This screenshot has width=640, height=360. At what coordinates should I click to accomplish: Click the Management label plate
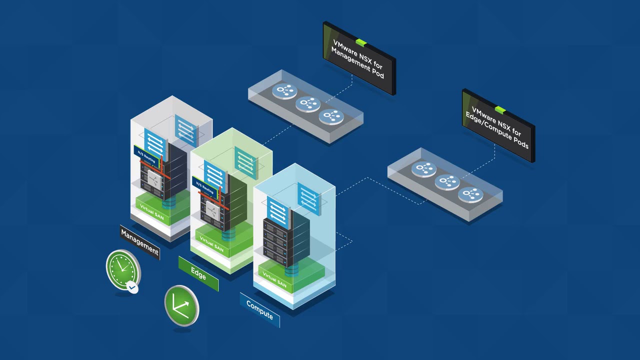140,241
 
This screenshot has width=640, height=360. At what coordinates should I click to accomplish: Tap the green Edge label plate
198,273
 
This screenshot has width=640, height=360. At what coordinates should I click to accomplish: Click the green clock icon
122,269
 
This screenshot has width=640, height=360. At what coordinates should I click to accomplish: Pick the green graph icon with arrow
181,305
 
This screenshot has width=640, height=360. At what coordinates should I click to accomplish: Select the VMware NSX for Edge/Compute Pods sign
498,125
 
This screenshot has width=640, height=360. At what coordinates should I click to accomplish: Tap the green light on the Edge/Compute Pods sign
500,109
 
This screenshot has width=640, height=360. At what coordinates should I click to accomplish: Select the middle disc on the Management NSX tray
308,103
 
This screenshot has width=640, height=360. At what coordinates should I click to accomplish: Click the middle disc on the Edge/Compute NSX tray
446,182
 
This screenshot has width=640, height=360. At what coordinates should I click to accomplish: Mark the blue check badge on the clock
132,287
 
